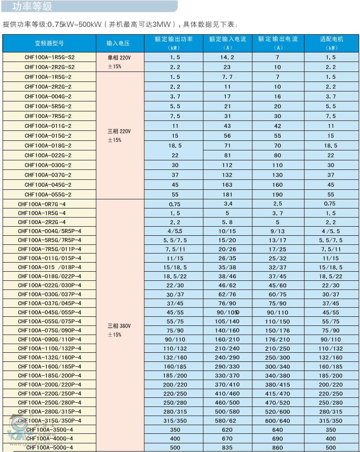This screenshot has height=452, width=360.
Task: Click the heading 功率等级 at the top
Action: click(32, 7)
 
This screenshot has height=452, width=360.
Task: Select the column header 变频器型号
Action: click(49, 43)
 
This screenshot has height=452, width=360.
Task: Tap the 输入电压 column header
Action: click(118, 43)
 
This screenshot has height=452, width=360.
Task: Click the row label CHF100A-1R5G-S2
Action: click(49, 57)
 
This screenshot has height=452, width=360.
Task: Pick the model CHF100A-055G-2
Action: click(48, 195)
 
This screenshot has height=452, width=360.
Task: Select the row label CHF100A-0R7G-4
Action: click(42, 204)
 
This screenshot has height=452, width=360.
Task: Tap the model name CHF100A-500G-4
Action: click(49, 448)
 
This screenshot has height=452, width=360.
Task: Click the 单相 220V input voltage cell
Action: click(118, 57)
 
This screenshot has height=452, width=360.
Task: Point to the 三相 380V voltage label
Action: click(119, 325)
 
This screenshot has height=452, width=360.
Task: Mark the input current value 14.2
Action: click(227, 57)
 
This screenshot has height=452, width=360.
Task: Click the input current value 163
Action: click(227, 185)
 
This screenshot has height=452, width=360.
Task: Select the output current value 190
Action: click(278, 195)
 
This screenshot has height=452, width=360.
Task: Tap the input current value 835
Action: click(227, 448)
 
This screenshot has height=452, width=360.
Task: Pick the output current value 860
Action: click(278, 448)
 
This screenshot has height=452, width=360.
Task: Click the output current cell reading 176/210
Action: click(278, 339)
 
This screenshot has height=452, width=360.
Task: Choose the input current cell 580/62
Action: click(227, 421)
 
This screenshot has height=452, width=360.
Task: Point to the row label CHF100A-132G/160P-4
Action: click(49, 358)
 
